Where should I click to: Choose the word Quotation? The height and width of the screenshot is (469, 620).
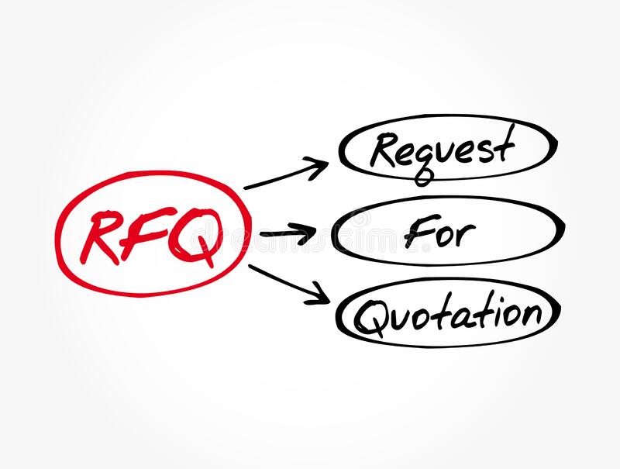coord(448,316)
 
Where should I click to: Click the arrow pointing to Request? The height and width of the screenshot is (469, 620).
coord(286,173)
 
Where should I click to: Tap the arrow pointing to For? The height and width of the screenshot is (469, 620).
coord(288,233)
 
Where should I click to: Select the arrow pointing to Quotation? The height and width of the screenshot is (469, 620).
coord(289,285)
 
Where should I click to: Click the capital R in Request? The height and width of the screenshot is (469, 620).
coord(385,150)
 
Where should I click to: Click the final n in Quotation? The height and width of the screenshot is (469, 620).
coord(531,316)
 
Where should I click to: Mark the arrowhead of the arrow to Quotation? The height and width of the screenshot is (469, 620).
coord(319,295)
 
